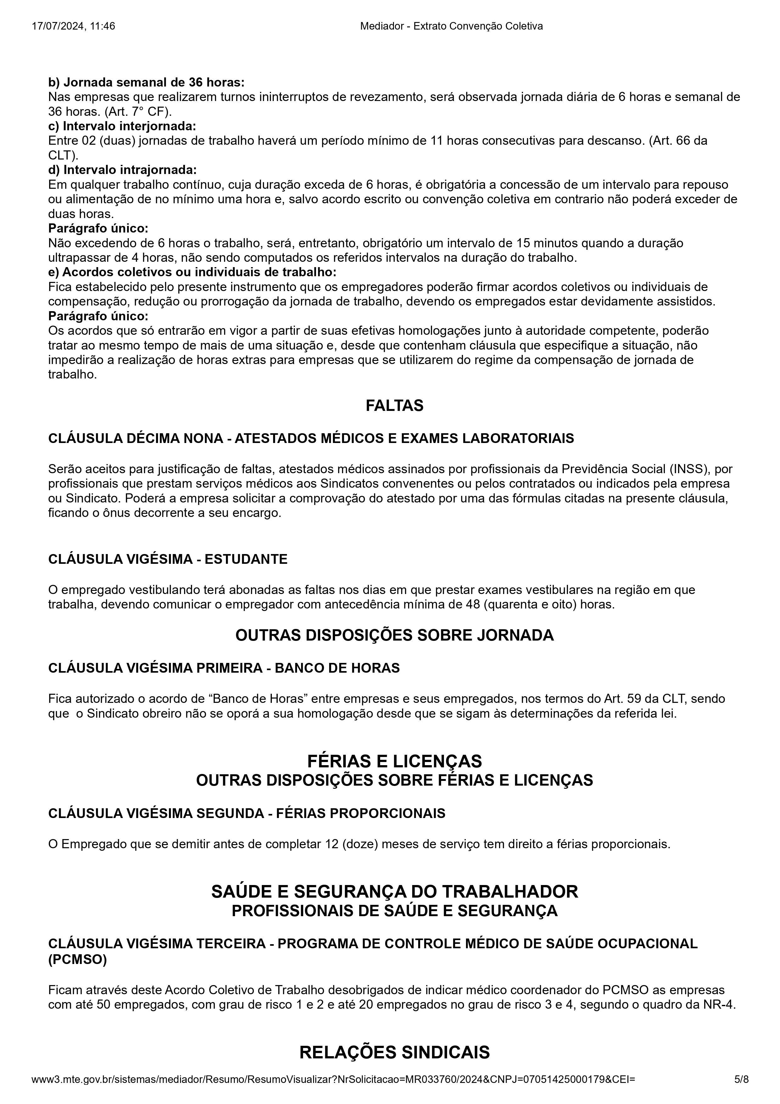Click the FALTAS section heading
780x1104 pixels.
tap(394, 405)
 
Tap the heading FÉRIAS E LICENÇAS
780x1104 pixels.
tap(394, 761)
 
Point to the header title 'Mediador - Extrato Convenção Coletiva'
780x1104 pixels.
tap(451, 26)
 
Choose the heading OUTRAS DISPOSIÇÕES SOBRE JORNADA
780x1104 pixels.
tap(394, 635)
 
